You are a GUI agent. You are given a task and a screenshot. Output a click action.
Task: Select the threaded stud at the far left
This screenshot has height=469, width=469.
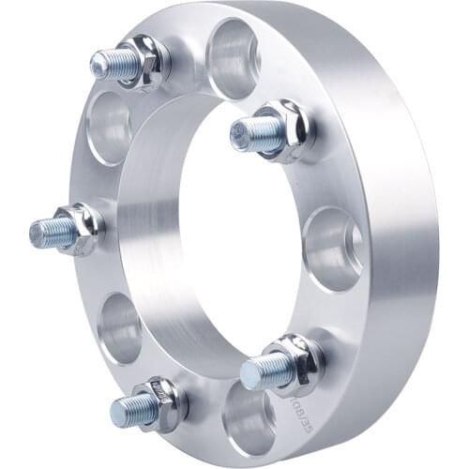52,230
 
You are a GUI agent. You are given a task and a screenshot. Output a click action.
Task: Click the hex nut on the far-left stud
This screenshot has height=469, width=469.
84,227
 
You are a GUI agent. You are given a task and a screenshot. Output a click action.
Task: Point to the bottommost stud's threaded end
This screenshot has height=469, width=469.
131,408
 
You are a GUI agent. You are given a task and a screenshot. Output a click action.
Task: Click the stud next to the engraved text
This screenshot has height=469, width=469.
263,371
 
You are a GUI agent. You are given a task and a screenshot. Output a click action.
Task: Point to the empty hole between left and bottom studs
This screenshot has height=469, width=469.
121,328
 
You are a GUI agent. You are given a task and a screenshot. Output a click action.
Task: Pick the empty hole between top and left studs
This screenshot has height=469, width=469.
109,128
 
